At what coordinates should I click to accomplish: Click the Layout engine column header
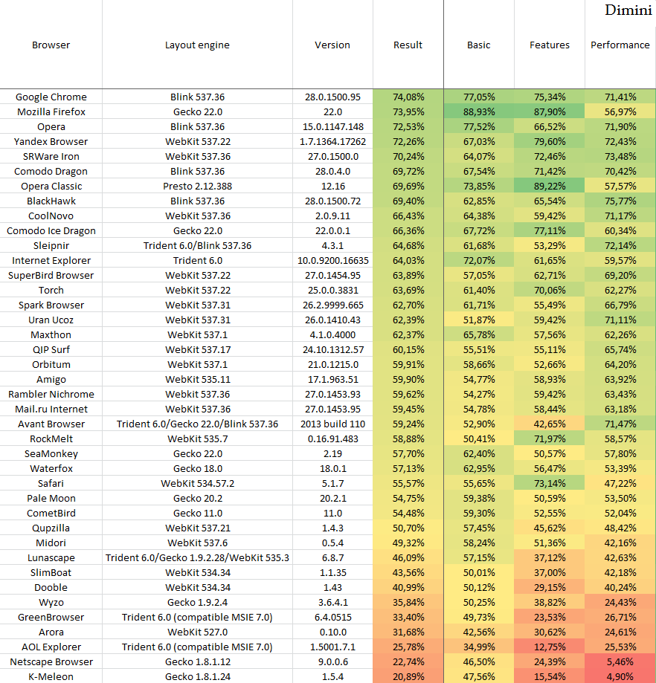pyautogui.click(x=197, y=45)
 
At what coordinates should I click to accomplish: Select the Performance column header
pyautogui.click(x=620, y=45)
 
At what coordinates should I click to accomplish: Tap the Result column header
pyautogui.click(x=408, y=45)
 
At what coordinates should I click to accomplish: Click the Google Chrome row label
pyautogui.click(x=51, y=97)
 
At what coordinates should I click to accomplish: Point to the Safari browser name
pyautogui.click(x=51, y=484)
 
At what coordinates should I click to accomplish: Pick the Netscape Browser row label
pyautogui.click(x=51, y=662)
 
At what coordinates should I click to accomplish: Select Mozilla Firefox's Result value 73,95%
pyautogui.click(x=408, y=112)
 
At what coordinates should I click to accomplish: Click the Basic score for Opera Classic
pyautogui.click(x=479, y=187)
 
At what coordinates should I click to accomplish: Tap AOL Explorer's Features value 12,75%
pyautogui.click(x=549, y=647)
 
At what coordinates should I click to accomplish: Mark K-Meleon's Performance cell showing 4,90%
pyautogui.click(x=620, y=677)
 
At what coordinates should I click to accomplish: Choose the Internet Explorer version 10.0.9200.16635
pyautogui.click(x=332, y=261)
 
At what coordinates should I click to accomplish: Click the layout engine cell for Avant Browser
pyautogui.click(x=197, y=424)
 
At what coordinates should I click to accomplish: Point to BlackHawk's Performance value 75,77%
pyautogui.click(x=620, y=201)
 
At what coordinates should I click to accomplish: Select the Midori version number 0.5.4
pyautogui.click(x=332, y=543)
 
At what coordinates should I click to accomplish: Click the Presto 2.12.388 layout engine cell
pyautogui.click(x=197, y=187)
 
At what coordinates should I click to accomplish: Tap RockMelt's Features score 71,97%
pyautogui.click(x=549, y=439)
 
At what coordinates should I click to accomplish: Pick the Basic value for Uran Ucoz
pyautogui.click(x=479, y=320)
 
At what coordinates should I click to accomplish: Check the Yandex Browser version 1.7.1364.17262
pyautogui.click(x=332, y=142)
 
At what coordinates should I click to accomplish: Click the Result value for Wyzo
pyautogui.click(x=408, y=603)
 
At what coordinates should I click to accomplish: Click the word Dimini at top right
pyautogui.click(x=628, y=10)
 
